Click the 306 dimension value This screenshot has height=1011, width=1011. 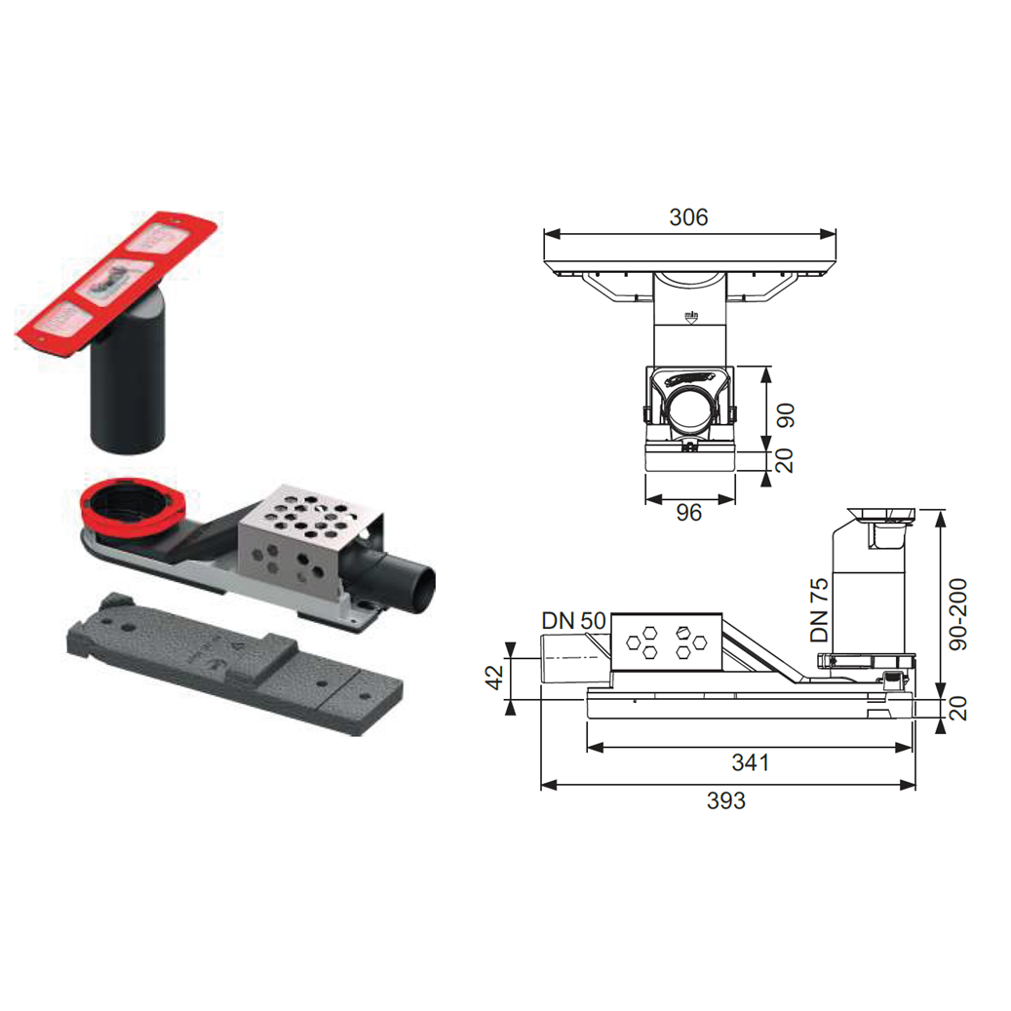pos(688,217)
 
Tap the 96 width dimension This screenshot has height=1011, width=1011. pos(688,513)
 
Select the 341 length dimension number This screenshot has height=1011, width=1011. pos(751,762)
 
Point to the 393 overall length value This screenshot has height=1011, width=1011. pos(726,800)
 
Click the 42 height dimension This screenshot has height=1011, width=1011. pos(494,678)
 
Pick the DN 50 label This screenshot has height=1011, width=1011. pos(574,621)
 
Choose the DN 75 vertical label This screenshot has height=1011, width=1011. pos(819,610)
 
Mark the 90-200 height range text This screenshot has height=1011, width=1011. pos(958,614)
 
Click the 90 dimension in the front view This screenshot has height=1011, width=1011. pos(785,415)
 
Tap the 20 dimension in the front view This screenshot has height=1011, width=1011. pos(784,460)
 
